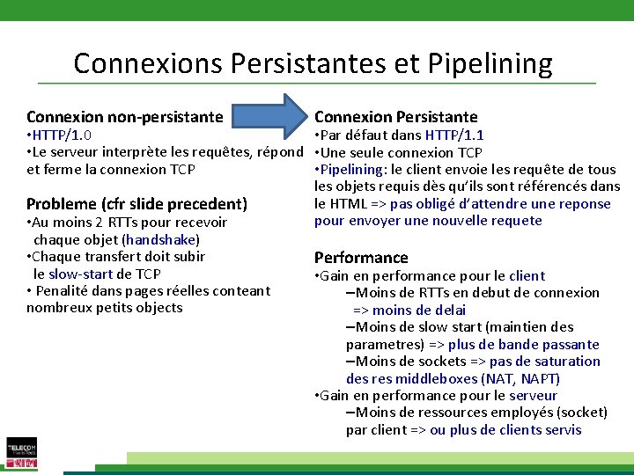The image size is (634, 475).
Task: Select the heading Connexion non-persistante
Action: (124, 116)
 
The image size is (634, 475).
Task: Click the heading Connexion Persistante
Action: (395, 116)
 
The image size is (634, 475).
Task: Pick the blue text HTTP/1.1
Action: (454, 135)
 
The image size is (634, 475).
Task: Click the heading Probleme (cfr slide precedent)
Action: (136, 203)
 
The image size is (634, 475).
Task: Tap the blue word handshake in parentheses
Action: (162, 239)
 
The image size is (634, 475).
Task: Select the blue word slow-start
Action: (80, 274)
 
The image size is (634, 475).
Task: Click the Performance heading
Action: (361, 258)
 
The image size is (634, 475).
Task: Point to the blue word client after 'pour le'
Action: (527, 275)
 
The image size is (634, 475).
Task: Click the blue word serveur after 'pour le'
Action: (533, 395)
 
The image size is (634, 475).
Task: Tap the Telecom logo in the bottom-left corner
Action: (22, 451)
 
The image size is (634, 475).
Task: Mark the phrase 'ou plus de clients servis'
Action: (505, 429)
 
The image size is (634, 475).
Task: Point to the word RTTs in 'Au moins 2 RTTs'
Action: (127, 223)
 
